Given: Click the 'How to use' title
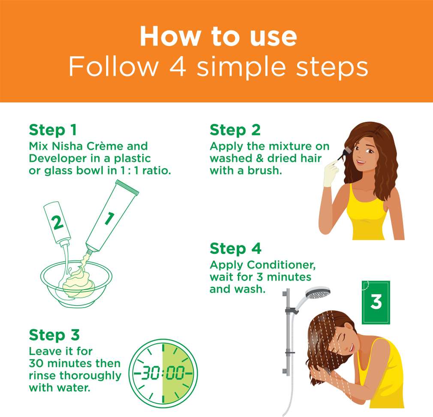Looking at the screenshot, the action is tap(218, 36).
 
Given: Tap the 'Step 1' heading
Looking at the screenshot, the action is tap(53, 130).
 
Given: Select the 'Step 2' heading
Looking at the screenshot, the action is tap(235, 130).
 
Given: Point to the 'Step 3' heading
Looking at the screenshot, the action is tap(54, 335).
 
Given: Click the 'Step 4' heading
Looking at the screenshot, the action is tap(235, 248).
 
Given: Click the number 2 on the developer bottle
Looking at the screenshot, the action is tap(57, 223).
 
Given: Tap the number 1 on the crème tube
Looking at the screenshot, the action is tap(110, 218).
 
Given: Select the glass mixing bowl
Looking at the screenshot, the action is tap(76, 284).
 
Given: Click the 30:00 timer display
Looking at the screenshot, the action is tap(163, 373).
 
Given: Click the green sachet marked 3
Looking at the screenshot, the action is tap(376, 302).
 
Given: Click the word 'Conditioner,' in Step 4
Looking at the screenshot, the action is tap(281, 265).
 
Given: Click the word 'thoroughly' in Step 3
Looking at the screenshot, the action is tap(90, 376).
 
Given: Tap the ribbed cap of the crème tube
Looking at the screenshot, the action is tap(127, 187).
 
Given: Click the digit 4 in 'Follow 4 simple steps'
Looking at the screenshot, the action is tap(178, 66).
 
